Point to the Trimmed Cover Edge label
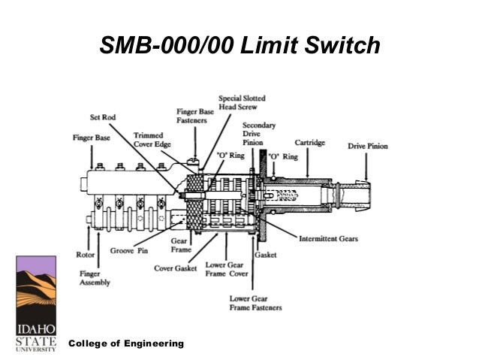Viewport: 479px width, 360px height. [153, 140]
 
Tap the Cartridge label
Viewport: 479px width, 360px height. [309, 141]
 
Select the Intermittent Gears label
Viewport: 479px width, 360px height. [328, 239]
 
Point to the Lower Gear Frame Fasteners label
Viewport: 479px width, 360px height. [255, 303]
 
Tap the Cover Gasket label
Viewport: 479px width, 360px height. [176, 266]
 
